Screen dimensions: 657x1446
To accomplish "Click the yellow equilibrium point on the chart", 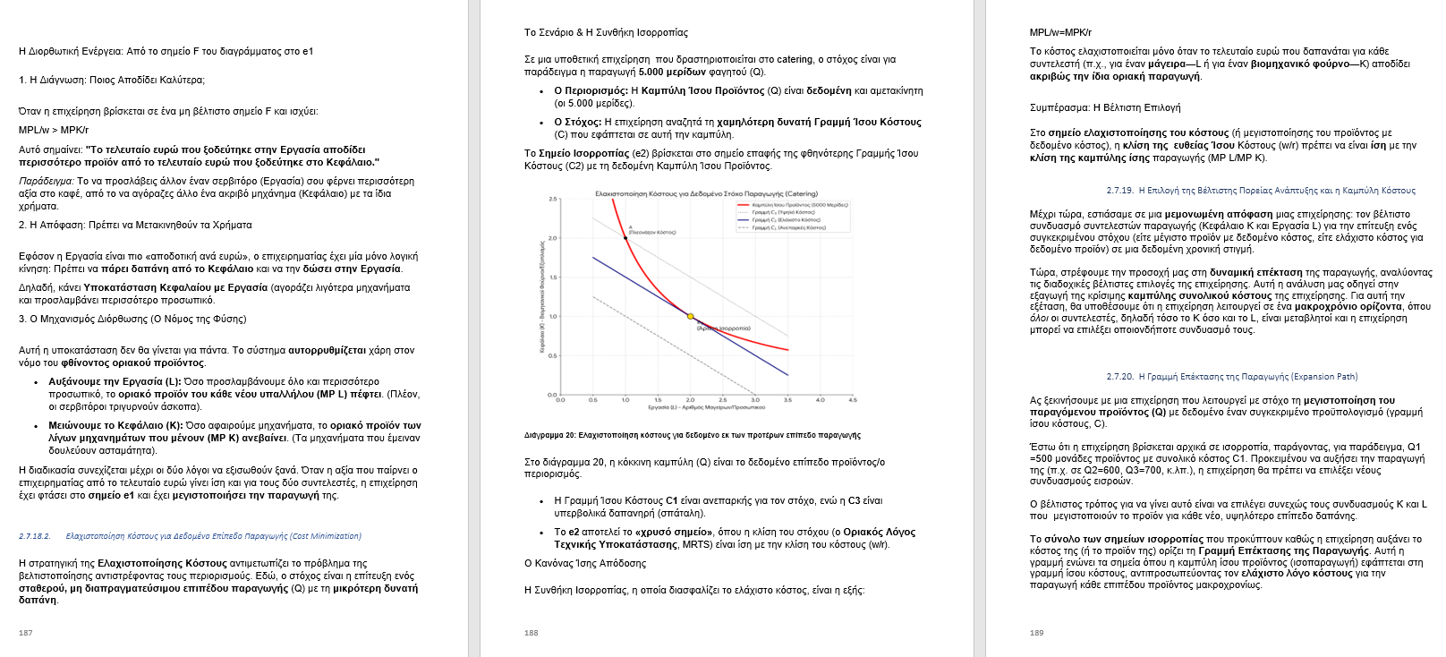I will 690,316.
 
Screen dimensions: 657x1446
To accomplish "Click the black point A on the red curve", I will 625,237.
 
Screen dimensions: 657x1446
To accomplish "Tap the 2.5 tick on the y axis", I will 554,199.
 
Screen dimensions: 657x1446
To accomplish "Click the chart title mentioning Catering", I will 706,193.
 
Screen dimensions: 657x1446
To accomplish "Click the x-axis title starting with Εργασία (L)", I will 706,408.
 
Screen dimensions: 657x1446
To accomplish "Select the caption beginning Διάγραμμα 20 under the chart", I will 692,435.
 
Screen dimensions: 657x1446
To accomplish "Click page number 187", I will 26,632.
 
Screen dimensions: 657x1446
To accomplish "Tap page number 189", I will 1037,632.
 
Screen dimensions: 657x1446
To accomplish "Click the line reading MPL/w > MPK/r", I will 54,130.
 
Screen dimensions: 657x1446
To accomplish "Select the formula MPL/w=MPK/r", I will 1060,32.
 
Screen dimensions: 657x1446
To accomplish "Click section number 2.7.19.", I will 1119,191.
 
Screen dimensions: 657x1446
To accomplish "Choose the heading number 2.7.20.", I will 1119,377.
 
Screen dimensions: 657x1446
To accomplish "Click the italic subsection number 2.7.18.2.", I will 35,536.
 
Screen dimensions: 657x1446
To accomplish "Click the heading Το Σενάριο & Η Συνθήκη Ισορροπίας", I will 606,32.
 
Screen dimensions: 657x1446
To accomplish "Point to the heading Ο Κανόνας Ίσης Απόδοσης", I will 584,563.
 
